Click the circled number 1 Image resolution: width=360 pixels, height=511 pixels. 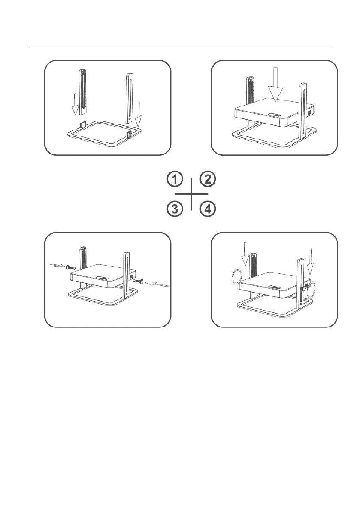(175, 180)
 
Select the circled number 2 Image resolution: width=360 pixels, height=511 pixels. (208, 179)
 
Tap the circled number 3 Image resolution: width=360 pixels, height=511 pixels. (175, 209)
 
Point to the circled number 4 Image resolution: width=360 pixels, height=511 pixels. (208, 209)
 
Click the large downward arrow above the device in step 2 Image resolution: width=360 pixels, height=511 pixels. (275, 85)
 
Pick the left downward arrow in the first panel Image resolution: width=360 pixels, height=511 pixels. (75, 104)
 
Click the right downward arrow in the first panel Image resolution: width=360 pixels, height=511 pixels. (139, 115)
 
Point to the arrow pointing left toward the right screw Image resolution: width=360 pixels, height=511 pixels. (157, 284)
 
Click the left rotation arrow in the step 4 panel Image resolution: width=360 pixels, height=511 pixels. (236, 277)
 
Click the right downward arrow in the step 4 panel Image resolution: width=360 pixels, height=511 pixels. (310, 261)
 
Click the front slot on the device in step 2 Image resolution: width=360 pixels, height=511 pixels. (275, 115)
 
